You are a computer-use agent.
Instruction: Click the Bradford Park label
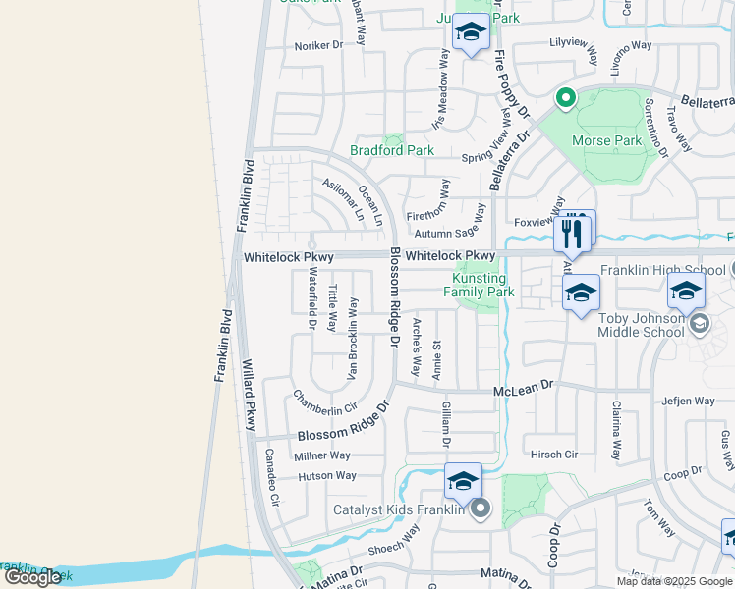click(x=392, y=151)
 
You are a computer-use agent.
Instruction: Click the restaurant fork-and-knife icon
click(x=574, y=233)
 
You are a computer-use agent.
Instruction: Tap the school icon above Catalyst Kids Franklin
click(x=463, y=482)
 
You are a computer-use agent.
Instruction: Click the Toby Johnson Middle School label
click(x=641, y=325)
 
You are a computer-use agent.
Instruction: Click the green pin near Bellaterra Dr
click(x=565, y=97)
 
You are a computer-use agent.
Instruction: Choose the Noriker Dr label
click(x=319, y=45)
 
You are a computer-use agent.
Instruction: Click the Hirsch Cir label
click(x=554, y=455)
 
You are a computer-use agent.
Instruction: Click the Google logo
click(x=32, y=577)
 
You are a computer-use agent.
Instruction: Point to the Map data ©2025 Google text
click(x=673, y=581)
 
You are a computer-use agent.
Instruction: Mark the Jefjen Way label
click(x=688, y=401)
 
